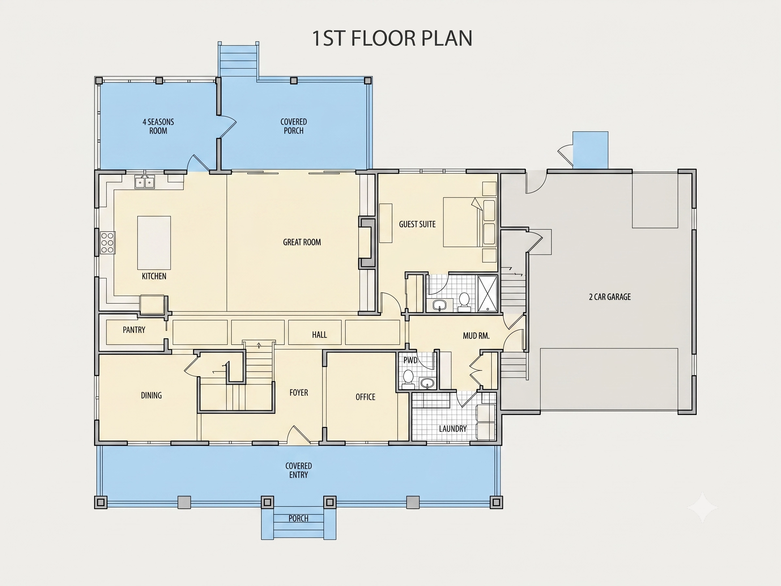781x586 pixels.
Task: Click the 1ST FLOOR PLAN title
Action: [392, 38]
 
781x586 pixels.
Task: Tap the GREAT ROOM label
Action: [302, 242]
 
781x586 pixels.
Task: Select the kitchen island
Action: [154, 243]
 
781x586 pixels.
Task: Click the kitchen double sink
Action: [144, 182]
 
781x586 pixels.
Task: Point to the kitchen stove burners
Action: [108, 243]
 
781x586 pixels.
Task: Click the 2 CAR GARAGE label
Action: [610, 297]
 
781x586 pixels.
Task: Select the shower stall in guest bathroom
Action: [487, 294]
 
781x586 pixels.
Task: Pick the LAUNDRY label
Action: [453, 429]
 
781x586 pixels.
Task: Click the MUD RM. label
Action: [476, 336]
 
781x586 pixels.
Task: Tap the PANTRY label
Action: [134, 330]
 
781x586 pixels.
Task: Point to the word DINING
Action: [151, 396]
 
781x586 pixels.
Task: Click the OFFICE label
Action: [365, 397]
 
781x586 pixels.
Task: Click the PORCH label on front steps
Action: [298, 518]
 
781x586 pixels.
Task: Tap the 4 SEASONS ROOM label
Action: [158, 127]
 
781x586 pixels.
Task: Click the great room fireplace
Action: [367, 243]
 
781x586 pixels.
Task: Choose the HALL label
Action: [320, 335]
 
